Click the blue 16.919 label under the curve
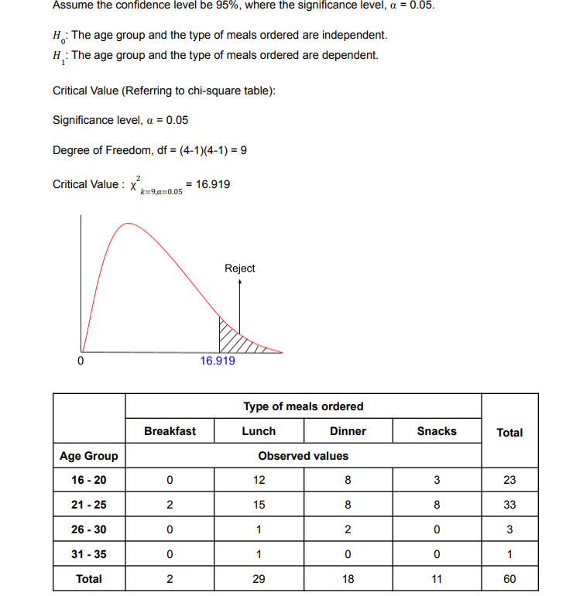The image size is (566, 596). (x=218, y=361)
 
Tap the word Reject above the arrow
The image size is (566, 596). (x=239, y=269)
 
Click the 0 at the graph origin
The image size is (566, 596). (x=80, y=361)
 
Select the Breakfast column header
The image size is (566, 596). (x=170, y=431)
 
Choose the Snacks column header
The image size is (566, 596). (x=437, y=431)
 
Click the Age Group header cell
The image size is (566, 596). (x=88, y=456)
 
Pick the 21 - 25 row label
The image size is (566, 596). (x=88, y=505)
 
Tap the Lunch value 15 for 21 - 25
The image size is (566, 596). (x=259, y=505)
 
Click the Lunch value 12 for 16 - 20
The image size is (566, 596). (x=259, y=480)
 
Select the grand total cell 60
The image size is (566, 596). (x=509, y=579)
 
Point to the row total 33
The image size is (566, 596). (x=509, y=505)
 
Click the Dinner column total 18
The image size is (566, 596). (x=348, y=579)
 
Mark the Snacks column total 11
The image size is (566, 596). (x=437, y=579)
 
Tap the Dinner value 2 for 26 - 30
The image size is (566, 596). (x=348, y=529)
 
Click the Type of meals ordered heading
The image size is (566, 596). (x=303, y=406)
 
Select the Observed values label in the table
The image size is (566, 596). (x=303, y=456)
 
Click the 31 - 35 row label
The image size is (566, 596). (x=88, y=554)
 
